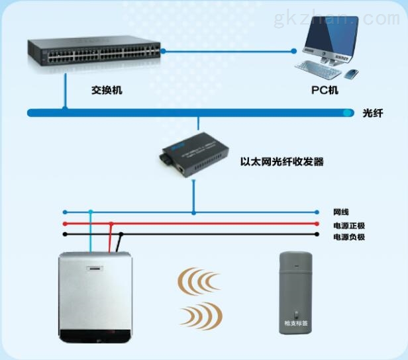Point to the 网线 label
click(340, 212)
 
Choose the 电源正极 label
click(349, 225)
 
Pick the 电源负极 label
click(349, 236)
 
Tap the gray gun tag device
click(295, 291)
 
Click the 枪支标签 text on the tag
click(295, 324)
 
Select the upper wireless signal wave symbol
click(198, 281)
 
